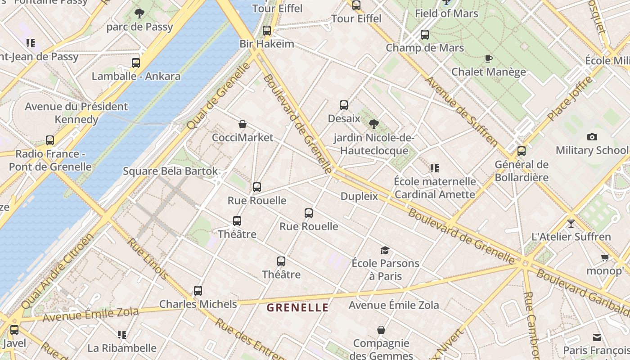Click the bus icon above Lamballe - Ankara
136,63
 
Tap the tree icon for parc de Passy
139,13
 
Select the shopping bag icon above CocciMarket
243,124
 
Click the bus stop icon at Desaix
344,105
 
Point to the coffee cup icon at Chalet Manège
488,58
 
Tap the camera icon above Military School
592,137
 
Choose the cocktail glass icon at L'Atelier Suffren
571,223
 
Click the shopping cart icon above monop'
605,258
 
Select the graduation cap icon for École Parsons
385,250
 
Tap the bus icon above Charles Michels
198,291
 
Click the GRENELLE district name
297,308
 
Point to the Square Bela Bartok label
170,171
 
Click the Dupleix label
359,196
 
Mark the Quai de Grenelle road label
218,96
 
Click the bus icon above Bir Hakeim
267,31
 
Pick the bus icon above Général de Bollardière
522,151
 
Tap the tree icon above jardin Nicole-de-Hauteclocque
373,124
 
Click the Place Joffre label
570,99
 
